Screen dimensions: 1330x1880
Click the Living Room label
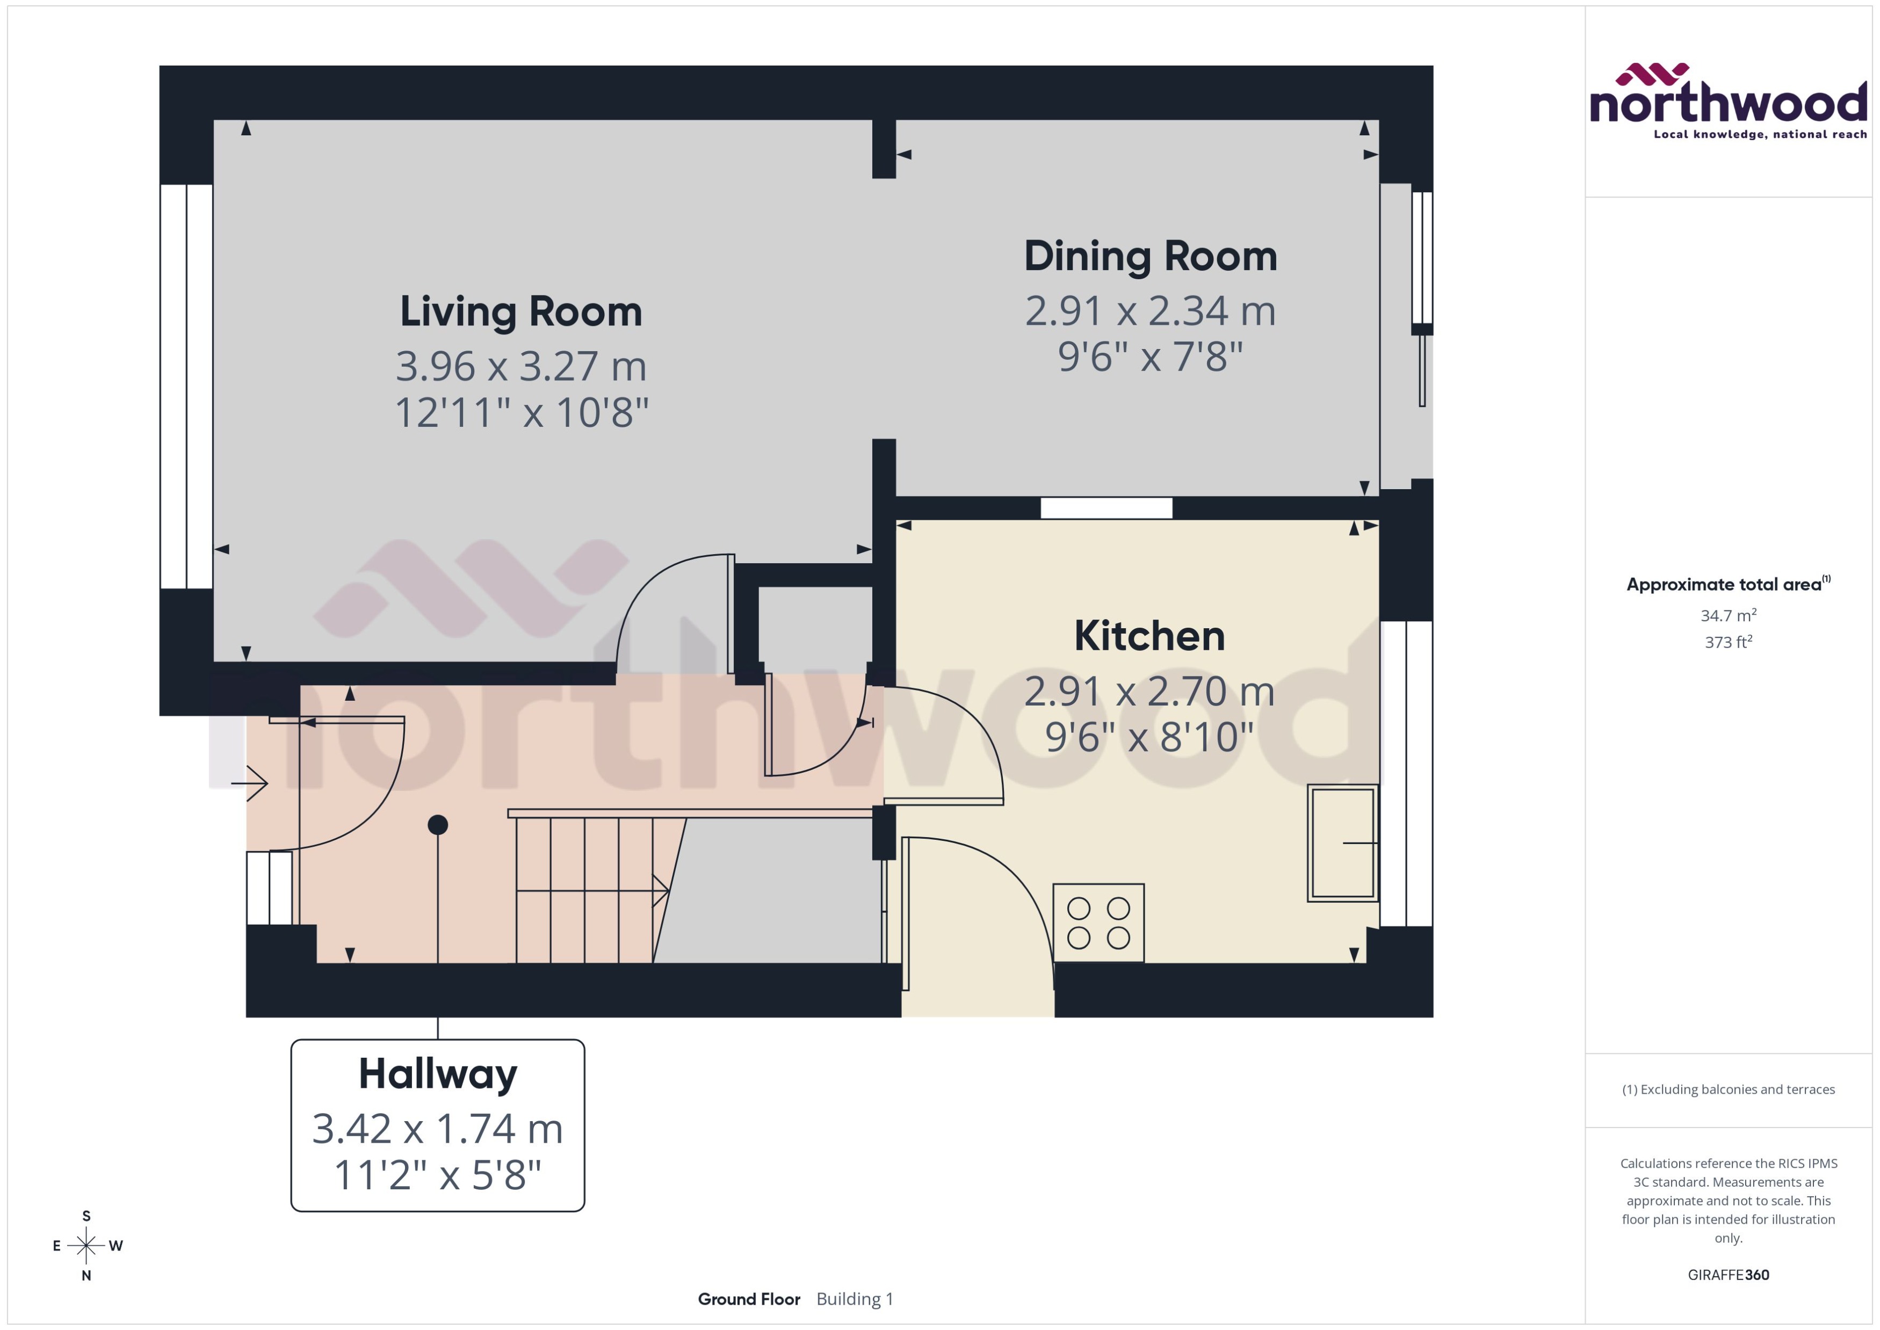point(521,312)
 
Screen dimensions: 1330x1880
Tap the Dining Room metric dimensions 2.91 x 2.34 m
point(1150,311)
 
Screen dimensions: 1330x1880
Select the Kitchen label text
point(1149,636)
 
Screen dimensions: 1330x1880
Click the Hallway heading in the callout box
point(438,1074)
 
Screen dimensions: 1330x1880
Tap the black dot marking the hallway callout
point(438,825)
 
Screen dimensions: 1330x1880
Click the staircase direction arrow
point(660,890)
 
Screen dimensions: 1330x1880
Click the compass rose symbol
point(86,1246)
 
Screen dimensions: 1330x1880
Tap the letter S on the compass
point(86,1216)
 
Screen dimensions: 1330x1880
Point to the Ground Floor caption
point(749,1299)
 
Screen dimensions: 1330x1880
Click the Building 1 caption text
point(855,1299)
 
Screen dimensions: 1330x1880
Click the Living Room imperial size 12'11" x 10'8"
point(521,413)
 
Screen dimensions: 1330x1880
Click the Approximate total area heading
point(1724,585)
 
